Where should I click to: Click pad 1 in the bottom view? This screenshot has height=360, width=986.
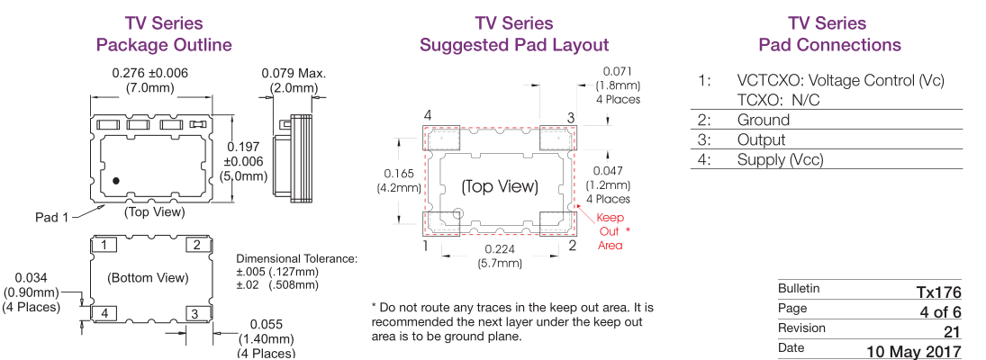pos(106,245)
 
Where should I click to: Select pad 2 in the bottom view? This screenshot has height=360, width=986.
pos(194,245)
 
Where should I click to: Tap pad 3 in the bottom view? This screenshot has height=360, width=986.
pos(194,313)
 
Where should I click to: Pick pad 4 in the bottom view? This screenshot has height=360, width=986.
pos(106,313)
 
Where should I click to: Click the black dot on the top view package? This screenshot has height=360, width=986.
pos(116,180)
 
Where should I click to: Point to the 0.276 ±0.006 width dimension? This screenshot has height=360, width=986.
pos(150,73)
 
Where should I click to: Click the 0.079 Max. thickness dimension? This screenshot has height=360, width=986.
pos(294,73)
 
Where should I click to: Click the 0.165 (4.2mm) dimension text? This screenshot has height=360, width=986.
pos(399,180)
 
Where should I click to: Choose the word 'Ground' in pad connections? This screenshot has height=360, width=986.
pos(763,121)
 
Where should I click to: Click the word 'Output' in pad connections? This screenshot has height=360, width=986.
pos(761,140)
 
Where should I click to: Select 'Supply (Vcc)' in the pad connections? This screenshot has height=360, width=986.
pos(780,160)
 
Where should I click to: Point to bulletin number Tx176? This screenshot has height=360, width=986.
pos(939,292)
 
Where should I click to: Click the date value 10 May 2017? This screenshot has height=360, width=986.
pos(914,350)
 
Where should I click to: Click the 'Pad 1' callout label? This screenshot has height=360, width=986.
pos(51,217)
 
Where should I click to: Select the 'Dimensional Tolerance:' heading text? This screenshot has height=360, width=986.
pos(296,259)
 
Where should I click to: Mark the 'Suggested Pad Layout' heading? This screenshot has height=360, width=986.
pos(514,45)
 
